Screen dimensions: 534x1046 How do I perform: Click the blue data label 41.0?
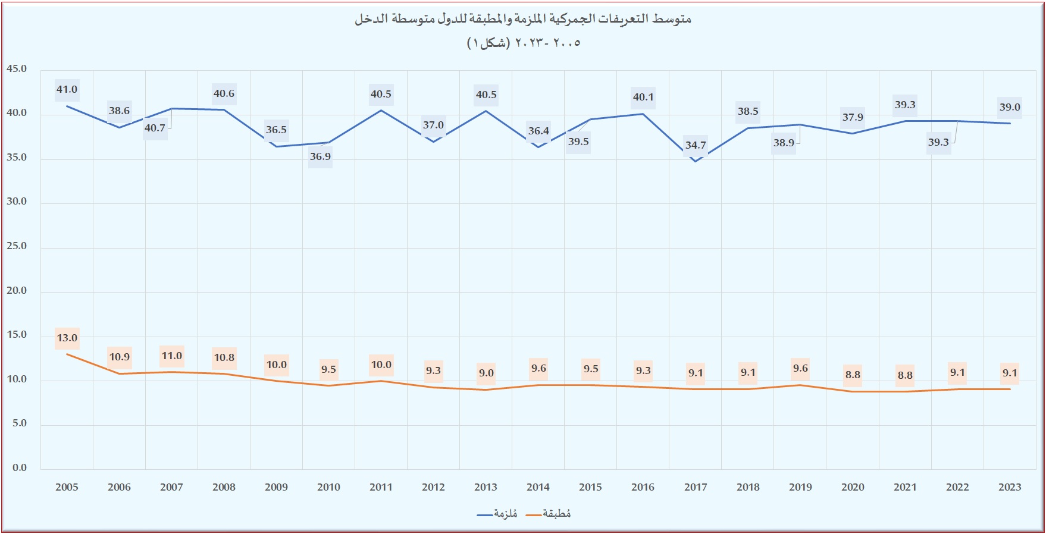[x=67, y=90]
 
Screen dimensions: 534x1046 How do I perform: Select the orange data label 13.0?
[x=67, y=338]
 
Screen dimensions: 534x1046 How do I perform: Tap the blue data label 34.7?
[x=696, y=145]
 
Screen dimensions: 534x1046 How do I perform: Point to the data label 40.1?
[x=643, y=98]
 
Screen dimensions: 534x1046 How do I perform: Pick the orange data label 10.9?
[x=120, y=357]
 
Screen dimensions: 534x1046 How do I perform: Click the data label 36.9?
[x=320, y=157]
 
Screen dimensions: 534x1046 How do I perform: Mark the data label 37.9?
[x=853, y=118]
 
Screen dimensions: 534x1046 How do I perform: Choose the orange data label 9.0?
[x=486, y=373]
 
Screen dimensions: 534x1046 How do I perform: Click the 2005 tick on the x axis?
[x=67, y=488]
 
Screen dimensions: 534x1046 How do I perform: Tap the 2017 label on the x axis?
[x=696, y=488]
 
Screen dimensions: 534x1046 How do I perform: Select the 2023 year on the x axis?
[x=1010, y=488]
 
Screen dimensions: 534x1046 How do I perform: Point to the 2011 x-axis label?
[x=381, y=488]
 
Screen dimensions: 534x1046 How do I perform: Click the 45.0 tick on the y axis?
[x=17, y=69]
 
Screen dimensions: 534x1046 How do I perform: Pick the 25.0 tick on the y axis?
[x=17, y=246]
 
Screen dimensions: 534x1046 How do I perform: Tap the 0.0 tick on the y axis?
[x=20, y=468]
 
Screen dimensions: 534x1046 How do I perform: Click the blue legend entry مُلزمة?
[x=497, y=514]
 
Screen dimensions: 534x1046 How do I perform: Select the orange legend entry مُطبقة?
[x=549, y=514]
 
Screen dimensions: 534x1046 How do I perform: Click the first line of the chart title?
[x=523, y=19]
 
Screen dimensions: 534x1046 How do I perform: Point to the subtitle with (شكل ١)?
[x=523, y=43]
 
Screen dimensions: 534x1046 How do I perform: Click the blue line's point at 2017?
[x=696, y=161]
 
